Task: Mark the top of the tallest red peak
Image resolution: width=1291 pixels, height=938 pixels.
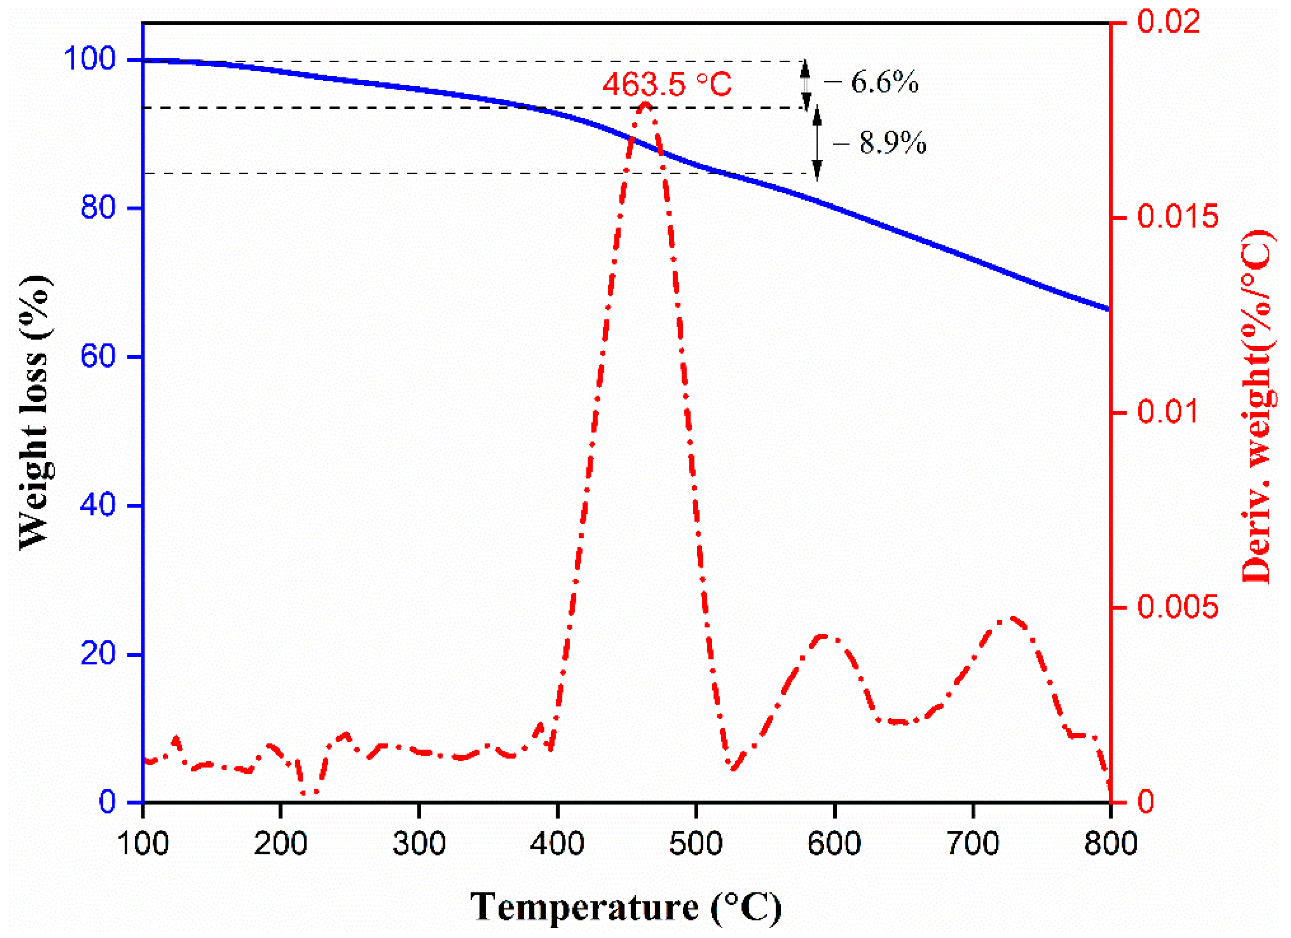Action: (645, 104)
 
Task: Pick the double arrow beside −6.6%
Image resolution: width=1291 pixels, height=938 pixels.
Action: (805, 84)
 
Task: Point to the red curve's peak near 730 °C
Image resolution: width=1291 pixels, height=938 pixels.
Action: (1010, 618)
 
